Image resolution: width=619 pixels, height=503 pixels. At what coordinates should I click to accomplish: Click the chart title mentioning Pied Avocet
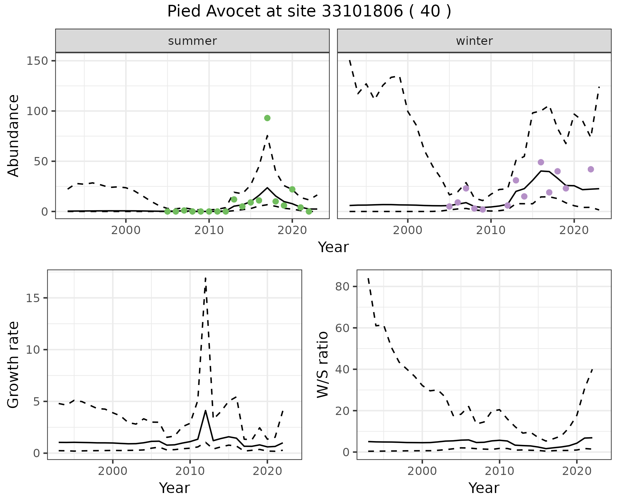pyautogui.click(x=309, y=12)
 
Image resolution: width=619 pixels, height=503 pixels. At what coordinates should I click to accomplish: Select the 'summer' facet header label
pyautogui.click(x=192, y=41)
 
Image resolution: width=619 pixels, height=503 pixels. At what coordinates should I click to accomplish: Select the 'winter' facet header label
pyautogui.click(x=474, y=41)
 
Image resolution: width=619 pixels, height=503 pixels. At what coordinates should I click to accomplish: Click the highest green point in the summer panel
pyautogui.click(x=267, y=118)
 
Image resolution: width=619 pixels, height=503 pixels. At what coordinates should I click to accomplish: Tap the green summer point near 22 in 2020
pyautogui.click(x=292, y=189)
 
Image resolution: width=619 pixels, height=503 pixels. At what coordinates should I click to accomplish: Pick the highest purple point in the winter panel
pyautogui.click(x=541, y=162)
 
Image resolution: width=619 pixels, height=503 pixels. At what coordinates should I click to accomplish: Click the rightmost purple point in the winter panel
pyautogui.click(x=591, y=169)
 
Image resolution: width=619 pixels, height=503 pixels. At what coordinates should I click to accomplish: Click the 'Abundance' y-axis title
pyautogui.click(x=14, y=136)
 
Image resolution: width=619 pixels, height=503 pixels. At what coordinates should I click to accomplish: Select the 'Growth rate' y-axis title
pyautogui.click(x=14, y=365)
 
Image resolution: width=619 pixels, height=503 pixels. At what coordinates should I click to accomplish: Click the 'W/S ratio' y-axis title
pyautogui.click(x=323, y=365)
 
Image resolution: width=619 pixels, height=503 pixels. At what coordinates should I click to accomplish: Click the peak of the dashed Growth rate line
pyautogui.click(x=206, y=278)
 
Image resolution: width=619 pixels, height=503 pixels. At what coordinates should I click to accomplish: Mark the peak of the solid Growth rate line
pyautogui.click(x=206, y=410)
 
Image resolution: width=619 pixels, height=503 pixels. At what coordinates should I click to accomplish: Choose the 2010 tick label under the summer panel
pyautogui.click(x=209, y=231)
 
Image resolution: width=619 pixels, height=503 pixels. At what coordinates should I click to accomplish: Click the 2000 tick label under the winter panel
pyautogui.click(x=408, y=231)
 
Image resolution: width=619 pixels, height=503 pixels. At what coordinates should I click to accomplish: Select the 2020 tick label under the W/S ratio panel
pyautogui.click(x=576, y=471)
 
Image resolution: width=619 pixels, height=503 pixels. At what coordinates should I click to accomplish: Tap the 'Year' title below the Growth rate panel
pyautogui.click(x=174, y=488)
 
